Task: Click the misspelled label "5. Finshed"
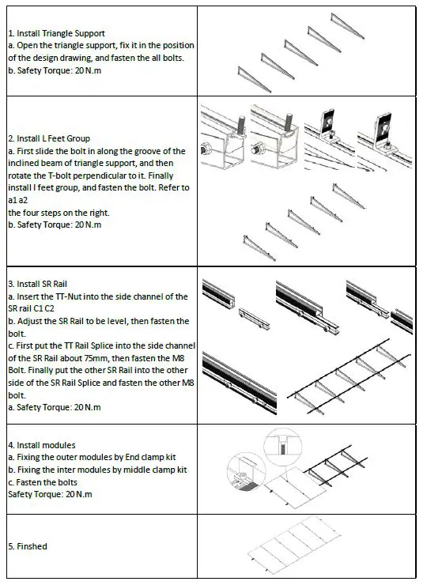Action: coord(28,546)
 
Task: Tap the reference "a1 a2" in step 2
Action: coord(19,201)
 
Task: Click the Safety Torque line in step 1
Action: coord(55,70)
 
